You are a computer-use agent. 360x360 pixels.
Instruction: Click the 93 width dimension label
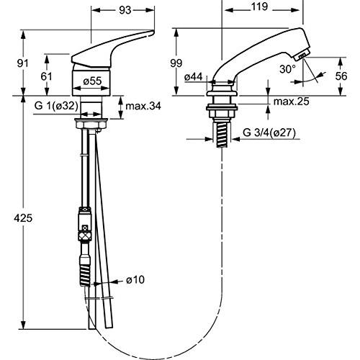[x=125, y=10]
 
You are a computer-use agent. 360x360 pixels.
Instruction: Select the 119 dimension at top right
[x=260, y=6]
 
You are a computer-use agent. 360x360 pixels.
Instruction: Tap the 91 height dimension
[x=23, y=63]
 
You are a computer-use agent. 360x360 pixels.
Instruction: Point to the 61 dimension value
[x=46, y=76]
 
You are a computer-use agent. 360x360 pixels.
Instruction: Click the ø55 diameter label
[x=92, y=81]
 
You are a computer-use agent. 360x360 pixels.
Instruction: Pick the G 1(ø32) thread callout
[x=56, y=106]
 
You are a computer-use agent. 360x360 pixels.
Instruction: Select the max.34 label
[x=143, y=106]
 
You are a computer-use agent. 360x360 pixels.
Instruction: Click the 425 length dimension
[x=23, y=218]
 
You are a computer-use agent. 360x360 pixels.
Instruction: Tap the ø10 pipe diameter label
[x=135, y=279]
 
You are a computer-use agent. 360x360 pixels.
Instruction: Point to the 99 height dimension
[x=176, y=63]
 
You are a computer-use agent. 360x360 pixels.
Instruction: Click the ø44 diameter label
[x=194, y=77]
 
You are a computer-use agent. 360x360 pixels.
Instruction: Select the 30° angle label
[x=287, y=69]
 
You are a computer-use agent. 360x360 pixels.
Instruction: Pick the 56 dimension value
[x=341, y=76]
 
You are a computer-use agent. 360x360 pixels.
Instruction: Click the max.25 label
[x=292, y=102]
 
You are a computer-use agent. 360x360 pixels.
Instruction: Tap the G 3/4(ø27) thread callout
[x=269, y=132]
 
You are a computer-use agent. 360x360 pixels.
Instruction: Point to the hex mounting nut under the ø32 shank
[x=91, y=125]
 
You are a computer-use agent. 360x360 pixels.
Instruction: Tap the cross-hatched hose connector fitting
[x=85, y=235]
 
